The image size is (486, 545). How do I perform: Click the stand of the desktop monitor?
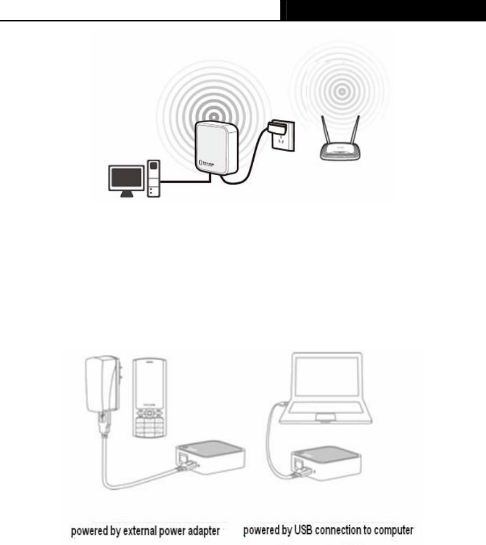pos(126,194)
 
